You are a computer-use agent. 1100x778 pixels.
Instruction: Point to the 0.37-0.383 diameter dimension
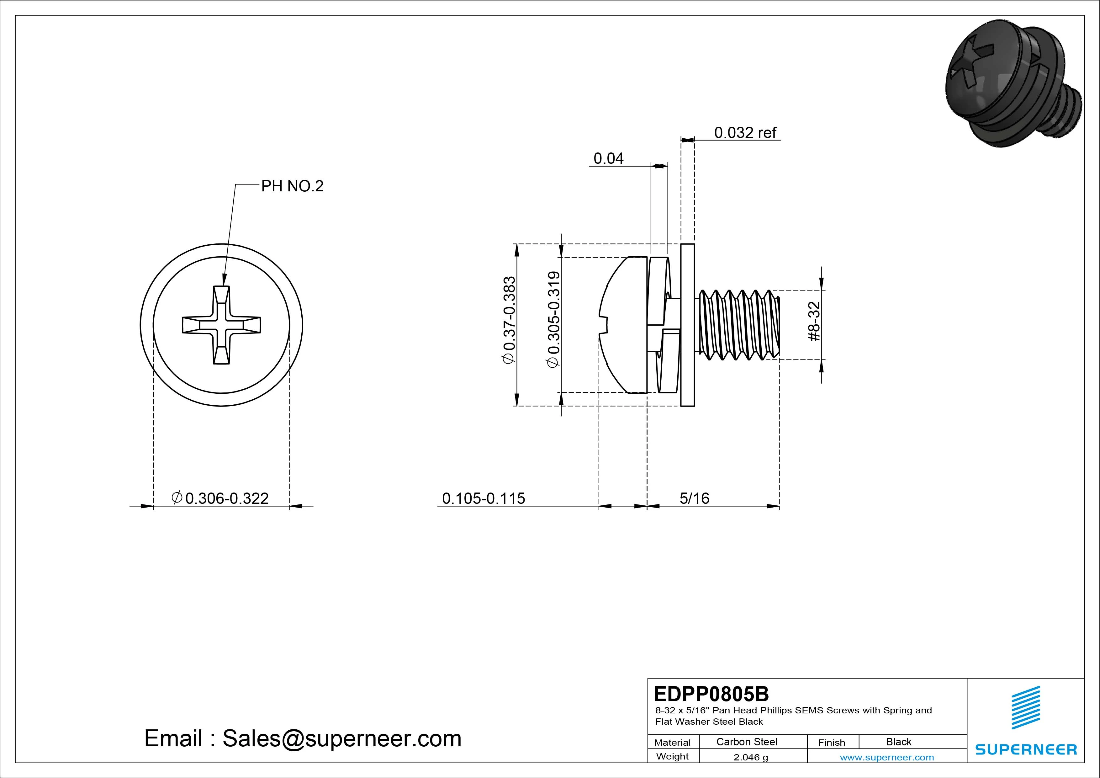tap(509, 320)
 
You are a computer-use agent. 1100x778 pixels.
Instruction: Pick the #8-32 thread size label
tap(814, 321)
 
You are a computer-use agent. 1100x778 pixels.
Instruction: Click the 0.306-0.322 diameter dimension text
tap(220, 498)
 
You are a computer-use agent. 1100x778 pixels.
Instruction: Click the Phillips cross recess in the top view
tap(221, 325)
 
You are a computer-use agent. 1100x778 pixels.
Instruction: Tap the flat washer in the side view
tap(687, 325)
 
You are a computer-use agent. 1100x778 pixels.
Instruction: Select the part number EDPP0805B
tap(711, 694)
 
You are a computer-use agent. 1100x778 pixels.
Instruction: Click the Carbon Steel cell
tap(746, 742)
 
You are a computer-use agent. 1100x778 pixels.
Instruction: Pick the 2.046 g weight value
tap(750, 757)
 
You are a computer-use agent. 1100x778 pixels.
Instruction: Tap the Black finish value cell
tap(898, 742)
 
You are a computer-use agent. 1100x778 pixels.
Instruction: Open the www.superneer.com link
tap(886, 757)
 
